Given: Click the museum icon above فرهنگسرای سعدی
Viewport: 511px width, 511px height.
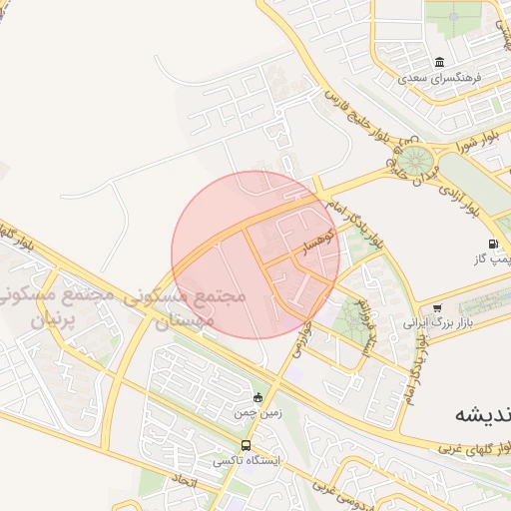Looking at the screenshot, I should click(x=440, y=62).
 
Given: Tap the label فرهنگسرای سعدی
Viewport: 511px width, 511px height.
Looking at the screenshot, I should click(x=440, y=77).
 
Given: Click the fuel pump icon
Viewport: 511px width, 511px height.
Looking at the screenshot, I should click(x=494, y=244).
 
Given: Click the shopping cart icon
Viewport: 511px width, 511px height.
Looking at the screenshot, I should click(x=437, y=307).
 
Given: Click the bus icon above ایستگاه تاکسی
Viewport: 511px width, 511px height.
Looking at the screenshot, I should click(x=247, y=445).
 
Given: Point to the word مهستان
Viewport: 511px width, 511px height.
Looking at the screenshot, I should click(x=183, y=321).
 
